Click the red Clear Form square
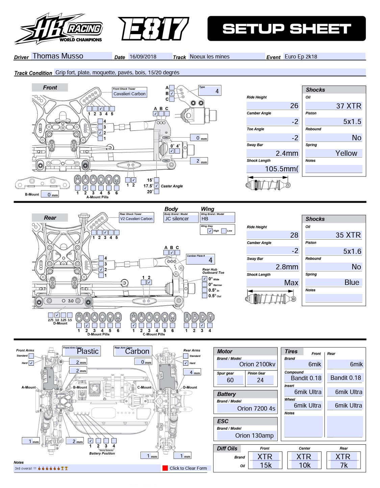pyautogui.click(x=165, y=468)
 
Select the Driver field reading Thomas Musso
pyautogui.click(x=71, y=56)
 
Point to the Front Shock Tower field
pyautogui.click(x=129, y=94)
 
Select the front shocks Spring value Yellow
pyautogui.click(x=333, y=153)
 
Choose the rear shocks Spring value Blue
pyautogui.click(x=333, y=283)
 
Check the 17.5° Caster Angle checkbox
pyautogui.click(x=156, y=186)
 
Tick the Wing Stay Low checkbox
pyautogui.click(x=224, y=231)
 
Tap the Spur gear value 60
pyautogui.click(x=230, y=380)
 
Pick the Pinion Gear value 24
pyautogui.click(x=260, y=380)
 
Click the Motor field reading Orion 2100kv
pyautogui.click(x=247, y=364)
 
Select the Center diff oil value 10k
pyautogui.click(x=304, y=465)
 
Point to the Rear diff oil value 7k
pyautogui.click(x=344, y=465)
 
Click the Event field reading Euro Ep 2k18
pyautogui.click(x=324, y=57)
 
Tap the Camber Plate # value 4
pyautogui.click(x=201, y=260)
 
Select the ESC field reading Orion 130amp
pyautogui.click(x=247, y=436)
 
